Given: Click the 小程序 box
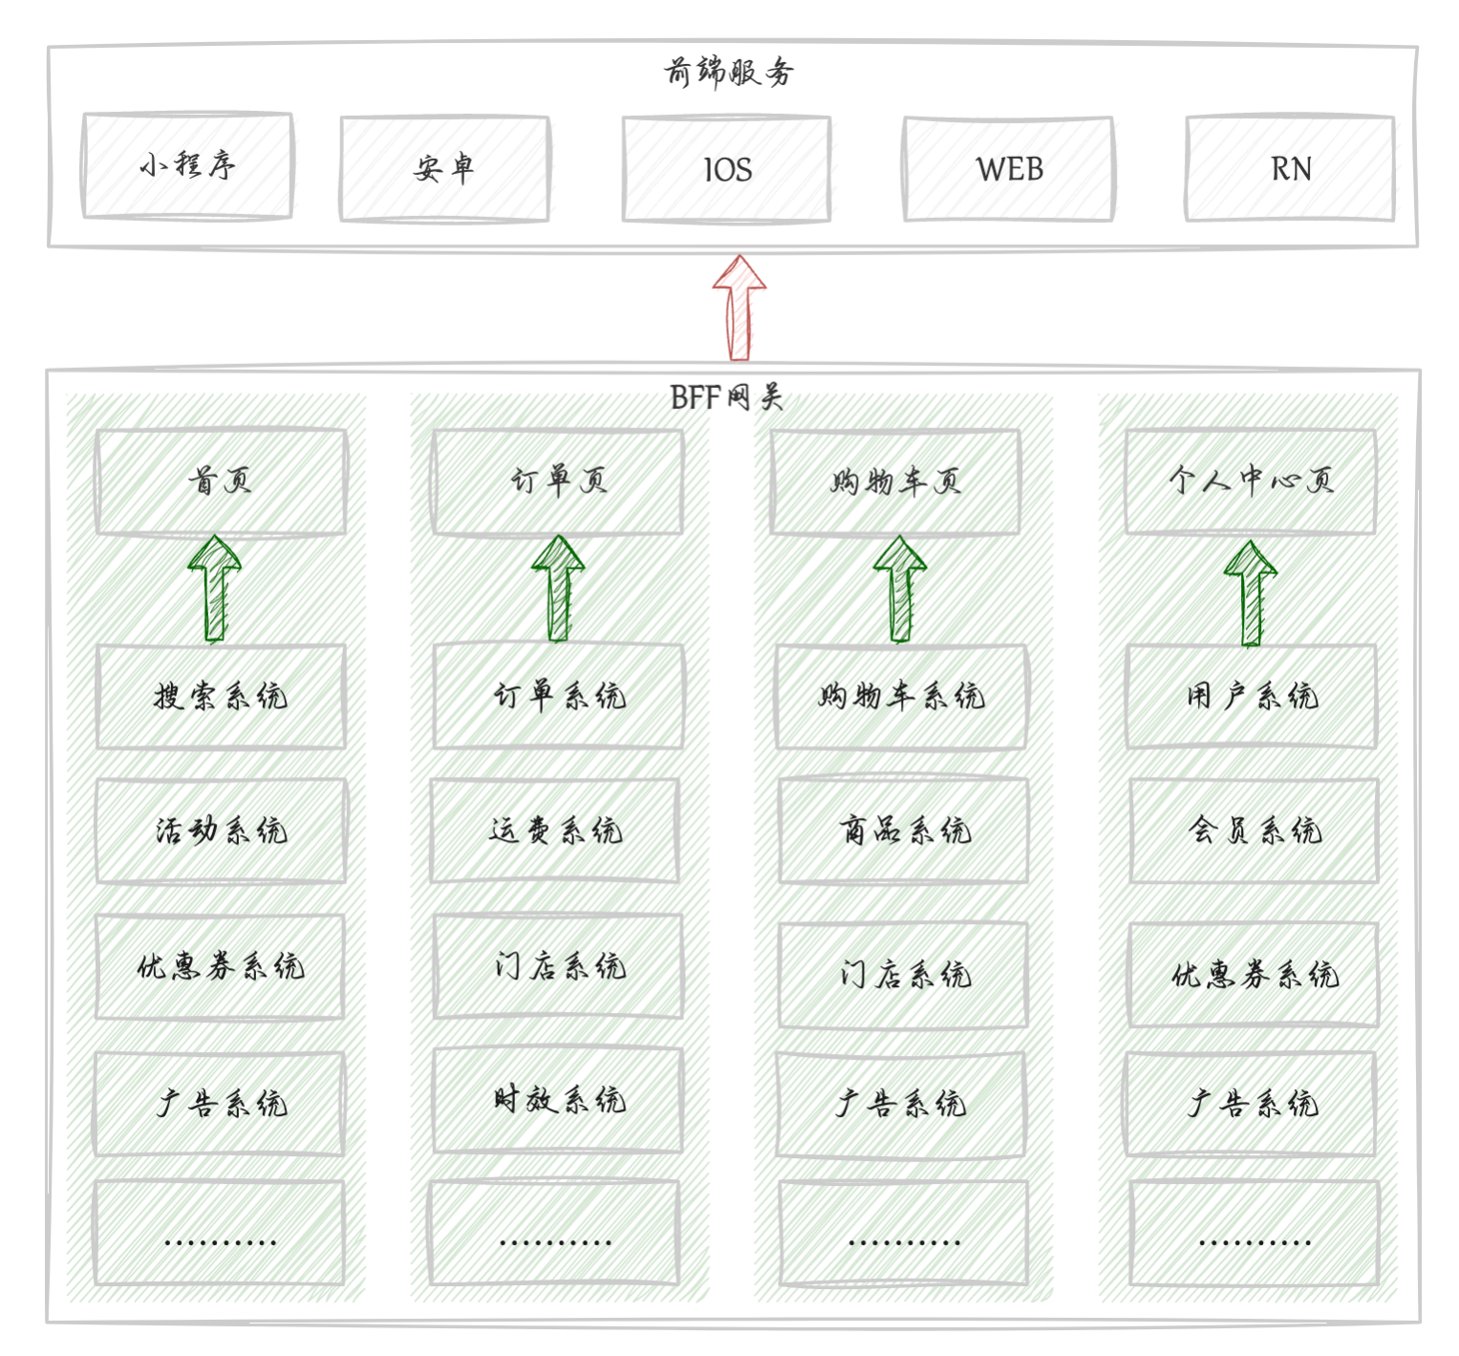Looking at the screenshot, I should pyautogui.click(x=187, y=166).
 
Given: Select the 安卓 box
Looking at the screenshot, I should pyautogui.click(x=444, y=169).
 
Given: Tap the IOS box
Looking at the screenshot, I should pyautogui.click(x=726, y=169).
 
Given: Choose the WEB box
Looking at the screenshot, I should pyautogui.click(x=1009, y=169).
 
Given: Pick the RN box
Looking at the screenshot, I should pyautogui.click(x=1290, y=169).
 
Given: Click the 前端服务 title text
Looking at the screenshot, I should pyautogui.click(x=729, y=72).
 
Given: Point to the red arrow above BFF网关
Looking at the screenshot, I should pyautogui.click(x=740, y=308).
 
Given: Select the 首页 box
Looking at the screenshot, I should pyautogui.click(x=221, y=481).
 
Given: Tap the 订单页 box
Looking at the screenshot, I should pyautogui.click(x=558, y=481).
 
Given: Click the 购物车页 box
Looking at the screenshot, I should pyautogui.click(x=895, y=482).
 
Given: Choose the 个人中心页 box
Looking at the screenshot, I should pyautogui.click(x=1250, y=481).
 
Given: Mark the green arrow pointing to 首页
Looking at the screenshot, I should pyautogui.click(x=215, y=589).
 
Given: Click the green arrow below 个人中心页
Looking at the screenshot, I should pyautogui.click(x=1251, y=592).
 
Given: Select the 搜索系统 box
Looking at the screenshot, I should pyautogui.click(x=221, y=696).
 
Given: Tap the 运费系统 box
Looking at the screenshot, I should pyautogui.click(x=555, y=830).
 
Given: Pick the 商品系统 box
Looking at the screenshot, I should pyautogui.click(x=904, y=830).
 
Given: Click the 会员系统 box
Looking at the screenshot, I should pyautogui.click(x=1254, y=830).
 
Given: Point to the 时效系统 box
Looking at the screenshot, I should pyautogui.click(x=558, y=1100).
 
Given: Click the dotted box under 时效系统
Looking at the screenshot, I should pyautogui.click(x=554, y=1233).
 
